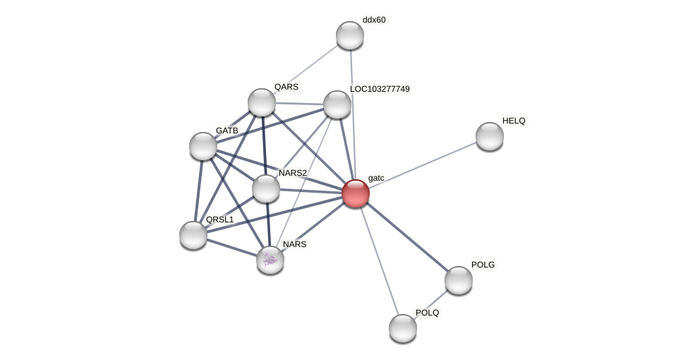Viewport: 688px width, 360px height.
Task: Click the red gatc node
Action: coord(355,193)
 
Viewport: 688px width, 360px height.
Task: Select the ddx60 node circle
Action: coord(349,35)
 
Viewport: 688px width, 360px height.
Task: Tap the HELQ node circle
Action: coord(489,136)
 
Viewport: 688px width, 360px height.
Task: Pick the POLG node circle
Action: coord(458,280)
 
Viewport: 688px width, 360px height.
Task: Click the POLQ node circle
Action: coord(403,328)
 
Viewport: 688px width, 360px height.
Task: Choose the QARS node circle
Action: coord(262,102)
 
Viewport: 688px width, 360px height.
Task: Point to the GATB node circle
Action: coord(203,146)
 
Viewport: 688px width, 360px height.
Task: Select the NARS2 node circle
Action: coord(266,188)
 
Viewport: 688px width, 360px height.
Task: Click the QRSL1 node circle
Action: coord(193,235)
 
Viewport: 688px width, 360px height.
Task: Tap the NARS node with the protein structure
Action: coord(270,260)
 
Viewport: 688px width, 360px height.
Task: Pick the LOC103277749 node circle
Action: coord(337,104)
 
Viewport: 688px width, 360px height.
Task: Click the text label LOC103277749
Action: coord(380,89)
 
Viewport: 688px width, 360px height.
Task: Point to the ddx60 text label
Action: coord(374,20)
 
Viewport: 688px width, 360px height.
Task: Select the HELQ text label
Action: coord(514,121)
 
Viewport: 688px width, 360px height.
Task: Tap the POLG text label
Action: coord(483,265)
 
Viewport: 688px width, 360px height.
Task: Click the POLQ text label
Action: coord(427,313)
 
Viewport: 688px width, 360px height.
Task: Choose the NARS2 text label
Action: coord(293,173)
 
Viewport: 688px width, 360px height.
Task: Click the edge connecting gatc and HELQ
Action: coord(422,164)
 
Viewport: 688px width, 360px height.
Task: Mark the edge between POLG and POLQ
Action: coord(430,304)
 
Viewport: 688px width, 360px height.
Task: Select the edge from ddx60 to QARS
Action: coord(306,68)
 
